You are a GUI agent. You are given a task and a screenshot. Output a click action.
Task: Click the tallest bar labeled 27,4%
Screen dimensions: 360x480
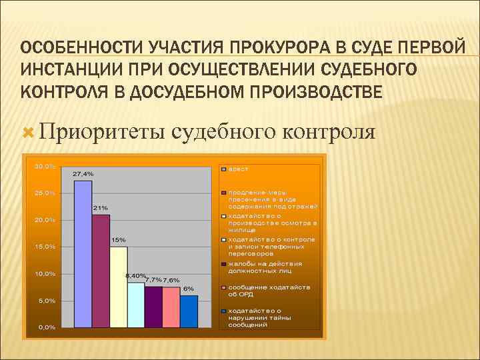pyautogui.click(x=83, y=253)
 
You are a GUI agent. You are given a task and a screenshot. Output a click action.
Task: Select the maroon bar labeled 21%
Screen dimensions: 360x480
pyautogui.click(x=101, y=270)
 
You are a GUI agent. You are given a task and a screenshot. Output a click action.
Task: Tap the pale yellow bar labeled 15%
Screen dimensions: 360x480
pyautogui.click(x=118, y=287)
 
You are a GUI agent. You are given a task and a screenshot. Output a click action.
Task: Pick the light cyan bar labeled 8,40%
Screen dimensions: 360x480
pyautogui.click(x=136, y=305)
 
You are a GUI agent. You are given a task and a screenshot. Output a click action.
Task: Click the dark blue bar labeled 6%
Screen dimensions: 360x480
pyautogui.click(x=189, y=311)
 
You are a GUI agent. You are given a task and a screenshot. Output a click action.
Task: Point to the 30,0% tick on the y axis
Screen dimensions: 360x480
pyautogui.click(x=45, y=166)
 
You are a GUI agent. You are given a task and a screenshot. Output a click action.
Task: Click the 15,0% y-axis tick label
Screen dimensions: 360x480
pyautogui.click(x=45, y=247)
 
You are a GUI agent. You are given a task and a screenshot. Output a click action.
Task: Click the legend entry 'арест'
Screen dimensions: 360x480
pyautogui.click(x=239, y=169)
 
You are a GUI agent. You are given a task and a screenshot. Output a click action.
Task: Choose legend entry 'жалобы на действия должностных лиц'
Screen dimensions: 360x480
pyautogui.click(x=265, y=267)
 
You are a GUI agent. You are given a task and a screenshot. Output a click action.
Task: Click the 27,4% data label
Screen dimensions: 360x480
pyautogui.click(x=83, y=173)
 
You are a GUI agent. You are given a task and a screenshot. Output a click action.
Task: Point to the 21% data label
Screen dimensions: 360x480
pyautogui.click(x=101, y=207)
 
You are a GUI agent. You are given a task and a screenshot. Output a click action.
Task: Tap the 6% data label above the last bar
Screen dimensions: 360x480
pyautogui.click(x=189, y=289)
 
